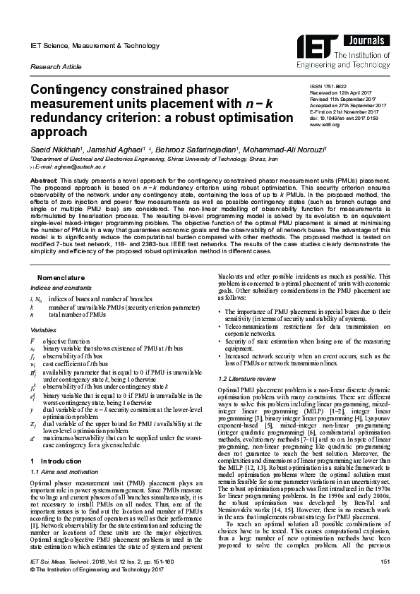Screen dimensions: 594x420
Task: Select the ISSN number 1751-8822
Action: (x=335, y=86)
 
